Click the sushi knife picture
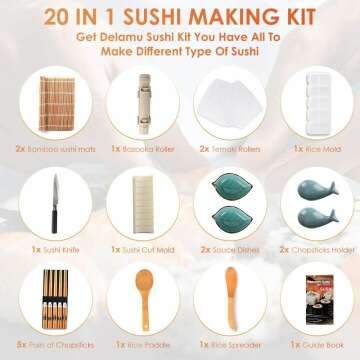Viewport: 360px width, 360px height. click(49, 208)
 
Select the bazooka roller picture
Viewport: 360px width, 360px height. click(136, 105)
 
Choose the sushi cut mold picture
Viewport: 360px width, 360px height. click(136, 208)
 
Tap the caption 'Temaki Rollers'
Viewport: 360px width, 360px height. click(227, 147)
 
